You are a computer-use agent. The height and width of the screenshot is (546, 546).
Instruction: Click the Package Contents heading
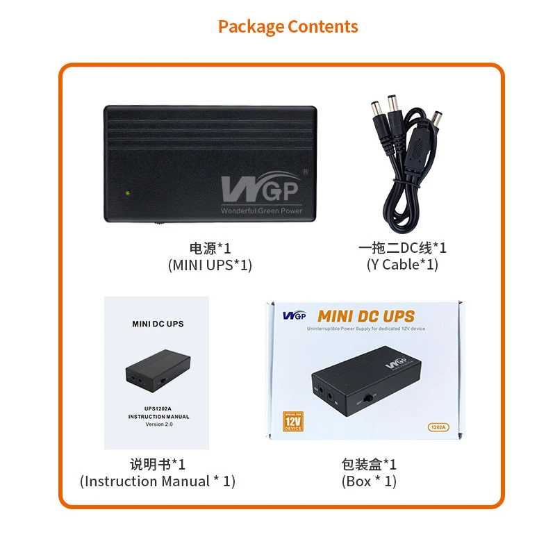pos(288,27)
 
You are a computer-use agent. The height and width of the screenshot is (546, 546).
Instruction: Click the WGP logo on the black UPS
pos(259,188)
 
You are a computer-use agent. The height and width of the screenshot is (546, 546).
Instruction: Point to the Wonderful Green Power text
pos(262,210)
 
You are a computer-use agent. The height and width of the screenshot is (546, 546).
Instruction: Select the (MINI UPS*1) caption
pos(210,265)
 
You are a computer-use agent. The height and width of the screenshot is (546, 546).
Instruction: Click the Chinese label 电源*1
pos(210,248)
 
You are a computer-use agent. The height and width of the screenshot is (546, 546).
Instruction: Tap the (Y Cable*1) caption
pos(402,265)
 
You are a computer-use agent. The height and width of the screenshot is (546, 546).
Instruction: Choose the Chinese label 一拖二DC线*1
pos(402,248)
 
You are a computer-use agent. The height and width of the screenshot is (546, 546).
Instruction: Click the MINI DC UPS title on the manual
pos(158,324)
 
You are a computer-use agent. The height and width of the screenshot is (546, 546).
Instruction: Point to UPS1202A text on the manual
pos(158,408)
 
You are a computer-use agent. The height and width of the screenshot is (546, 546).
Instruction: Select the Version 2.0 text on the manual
pos(158,424)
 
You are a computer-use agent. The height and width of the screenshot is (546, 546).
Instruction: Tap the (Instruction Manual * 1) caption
pos(158,481)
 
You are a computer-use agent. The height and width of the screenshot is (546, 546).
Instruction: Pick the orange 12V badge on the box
pos(292,422)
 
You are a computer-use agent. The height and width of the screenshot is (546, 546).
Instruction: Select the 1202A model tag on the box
pos(438,427)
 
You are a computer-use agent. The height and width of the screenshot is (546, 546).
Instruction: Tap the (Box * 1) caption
pos(369,481)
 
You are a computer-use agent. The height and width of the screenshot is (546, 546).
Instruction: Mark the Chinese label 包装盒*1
pos(369,464)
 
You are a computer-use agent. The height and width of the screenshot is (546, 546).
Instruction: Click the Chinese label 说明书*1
pos(158,464)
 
